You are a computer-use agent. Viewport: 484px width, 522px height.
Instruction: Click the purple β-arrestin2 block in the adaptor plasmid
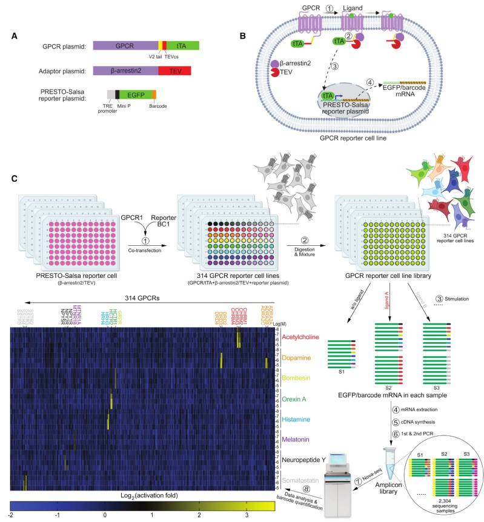pyautogui.click(x=125, y=71)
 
